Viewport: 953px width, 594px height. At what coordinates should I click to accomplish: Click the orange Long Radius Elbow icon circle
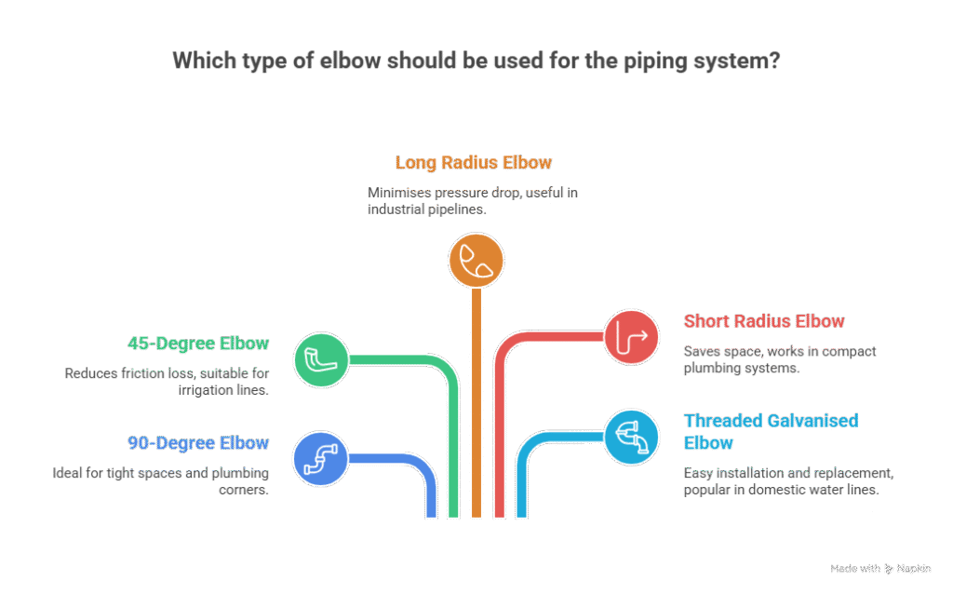[x=476, y=260]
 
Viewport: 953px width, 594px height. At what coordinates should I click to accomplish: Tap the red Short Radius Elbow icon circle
[x=632, y=336]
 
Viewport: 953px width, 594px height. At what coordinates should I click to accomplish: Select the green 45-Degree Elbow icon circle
[x=321, y=359]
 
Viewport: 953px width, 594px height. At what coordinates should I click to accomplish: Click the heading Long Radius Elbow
[x=474, y=163]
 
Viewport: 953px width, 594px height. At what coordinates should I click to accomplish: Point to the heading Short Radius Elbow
[x=764, y=321]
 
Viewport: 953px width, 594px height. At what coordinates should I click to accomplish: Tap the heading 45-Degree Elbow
[x=198, y=343]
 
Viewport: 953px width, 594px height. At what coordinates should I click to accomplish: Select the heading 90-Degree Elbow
[x=198, y=443]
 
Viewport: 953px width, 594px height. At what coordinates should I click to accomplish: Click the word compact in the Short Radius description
[x=845, y=352]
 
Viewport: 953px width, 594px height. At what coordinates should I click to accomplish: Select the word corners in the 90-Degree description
[x=245, y=489]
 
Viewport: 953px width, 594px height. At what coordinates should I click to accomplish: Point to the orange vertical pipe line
[x=476, y=400]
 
